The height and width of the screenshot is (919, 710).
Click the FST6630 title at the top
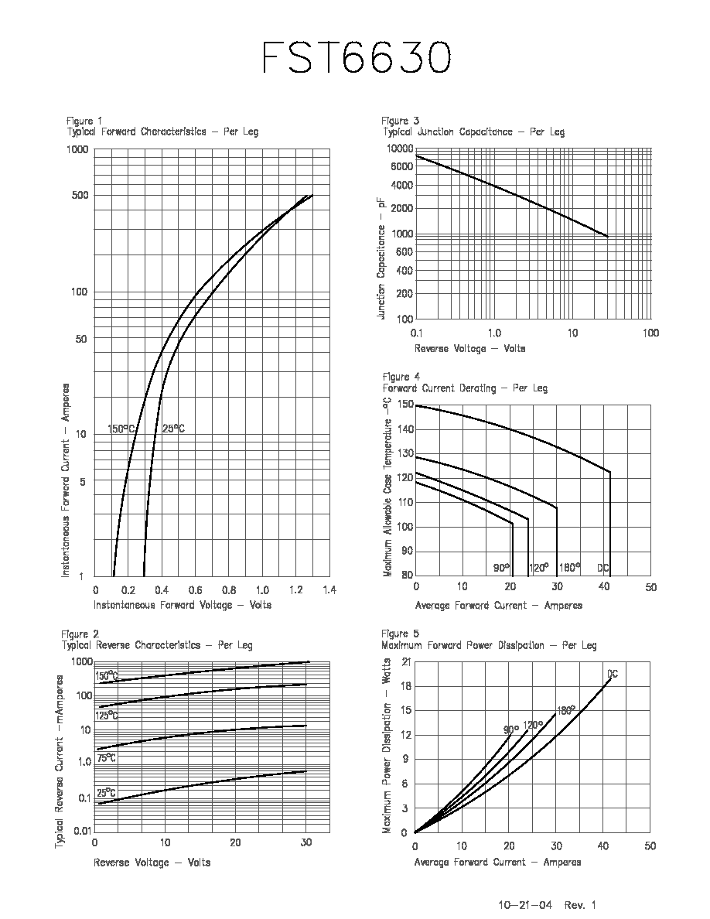coord(357,57)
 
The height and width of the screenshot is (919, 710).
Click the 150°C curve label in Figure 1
coord(122,429)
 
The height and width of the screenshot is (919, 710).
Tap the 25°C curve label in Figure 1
coord(173,429)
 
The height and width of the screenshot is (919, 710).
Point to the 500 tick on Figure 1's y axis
coord(80,195)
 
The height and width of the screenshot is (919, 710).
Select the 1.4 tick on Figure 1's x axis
coord(329,590)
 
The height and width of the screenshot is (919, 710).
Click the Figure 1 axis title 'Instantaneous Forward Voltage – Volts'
coord(183,605)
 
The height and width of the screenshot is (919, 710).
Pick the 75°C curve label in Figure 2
coord(106,758)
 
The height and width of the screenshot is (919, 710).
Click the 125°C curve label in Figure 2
coord(107,716)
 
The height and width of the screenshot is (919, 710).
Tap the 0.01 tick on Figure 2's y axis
coord(83,831)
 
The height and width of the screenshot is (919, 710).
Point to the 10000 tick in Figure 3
coord(400,149)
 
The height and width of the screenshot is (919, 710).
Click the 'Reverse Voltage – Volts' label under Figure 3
coord(469,349)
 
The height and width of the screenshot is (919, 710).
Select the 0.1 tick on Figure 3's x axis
coord(417,333)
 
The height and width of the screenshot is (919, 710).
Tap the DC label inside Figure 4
coord(603,568)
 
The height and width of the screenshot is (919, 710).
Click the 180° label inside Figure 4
coord(569,567)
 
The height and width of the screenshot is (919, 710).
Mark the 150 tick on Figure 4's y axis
coord(405,405)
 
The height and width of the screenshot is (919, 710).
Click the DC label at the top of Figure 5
coord(613,674)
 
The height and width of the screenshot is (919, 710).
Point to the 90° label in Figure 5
coord(511,729)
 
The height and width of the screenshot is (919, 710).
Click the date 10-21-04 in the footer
coord(525,905)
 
